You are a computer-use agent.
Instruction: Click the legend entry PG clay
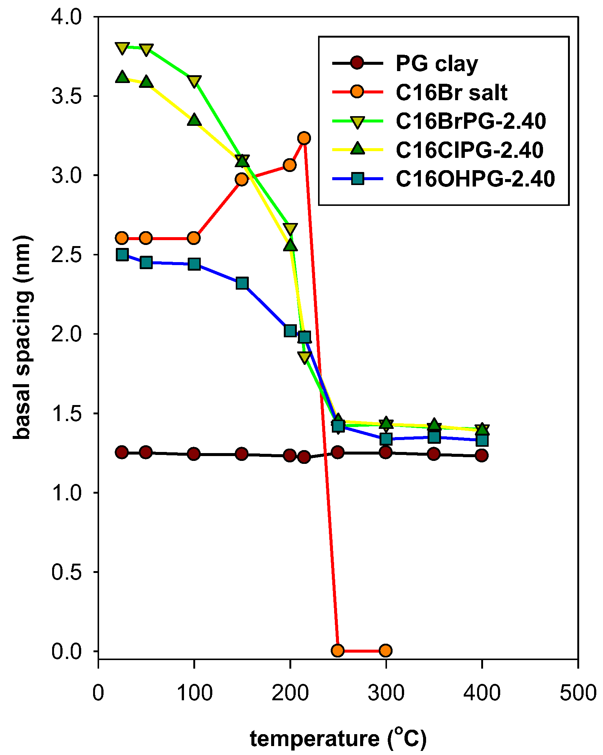(x=437, y=64)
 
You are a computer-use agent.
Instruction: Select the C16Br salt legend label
(x=451, y=92)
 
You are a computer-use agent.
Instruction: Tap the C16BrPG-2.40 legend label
(x=471, y=121)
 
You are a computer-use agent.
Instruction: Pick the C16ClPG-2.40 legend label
(x=469, y=150)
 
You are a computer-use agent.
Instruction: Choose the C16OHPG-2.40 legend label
(x=475, y=179)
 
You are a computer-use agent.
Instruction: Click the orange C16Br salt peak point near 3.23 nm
(x=304, y=138)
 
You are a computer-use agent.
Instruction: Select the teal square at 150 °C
(x=242, y=283)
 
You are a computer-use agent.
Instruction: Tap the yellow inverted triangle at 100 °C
(x=194, y=81)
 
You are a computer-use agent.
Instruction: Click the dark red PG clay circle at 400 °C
(x=482, y=455)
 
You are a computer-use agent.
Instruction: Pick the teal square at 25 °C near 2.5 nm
(x=122, y=255)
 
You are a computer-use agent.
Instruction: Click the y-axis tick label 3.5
(x=66, y=96)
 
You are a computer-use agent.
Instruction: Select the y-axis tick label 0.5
(x=66, y=572)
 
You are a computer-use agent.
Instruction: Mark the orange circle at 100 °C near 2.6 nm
(x=194, y=238)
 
